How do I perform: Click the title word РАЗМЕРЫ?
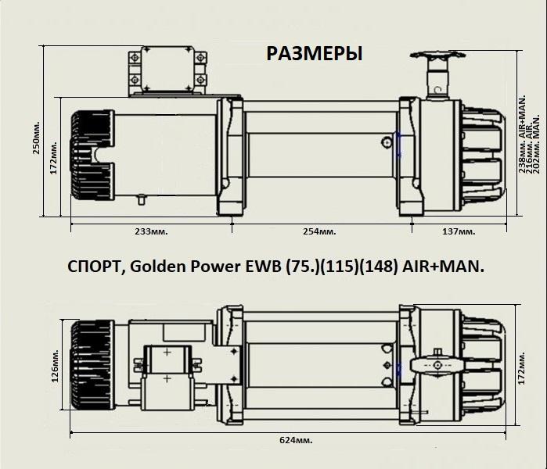click(315, 54)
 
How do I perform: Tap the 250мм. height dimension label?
click(36, 138)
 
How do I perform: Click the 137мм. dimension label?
click(458, 232)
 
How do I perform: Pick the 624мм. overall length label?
click(295, 440)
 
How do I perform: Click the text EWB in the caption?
click(252, 267)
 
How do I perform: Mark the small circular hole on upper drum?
click(387, 142)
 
